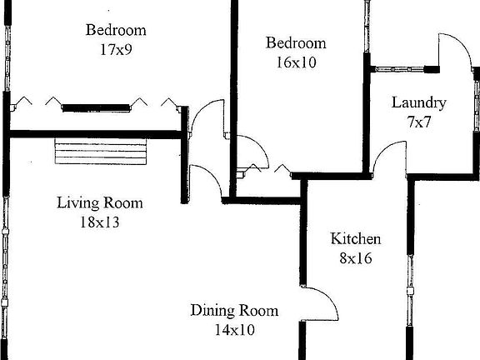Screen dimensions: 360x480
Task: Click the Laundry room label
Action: (419, 103)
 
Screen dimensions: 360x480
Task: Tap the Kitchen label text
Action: (356, 239)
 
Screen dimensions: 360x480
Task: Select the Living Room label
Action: (99, 202)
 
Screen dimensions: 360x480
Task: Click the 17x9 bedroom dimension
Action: (116, 49)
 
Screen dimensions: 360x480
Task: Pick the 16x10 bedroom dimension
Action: (295, 61)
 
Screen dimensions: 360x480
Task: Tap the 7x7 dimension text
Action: (418, 122)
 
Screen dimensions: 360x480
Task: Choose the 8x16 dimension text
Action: (356, 257)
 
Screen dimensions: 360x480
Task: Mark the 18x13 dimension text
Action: (99, 222)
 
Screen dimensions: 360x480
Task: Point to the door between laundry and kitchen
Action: (387, 158)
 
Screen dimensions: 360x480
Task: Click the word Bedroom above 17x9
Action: (116, 31)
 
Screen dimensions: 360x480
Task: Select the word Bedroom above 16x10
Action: (295, 43)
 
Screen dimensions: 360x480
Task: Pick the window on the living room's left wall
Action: (5, 250)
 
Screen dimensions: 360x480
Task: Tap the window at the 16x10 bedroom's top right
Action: (366, 25)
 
